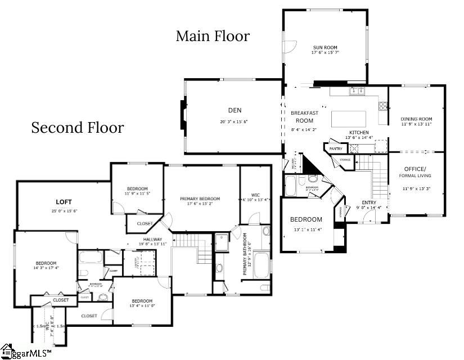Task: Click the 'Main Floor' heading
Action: coord(213,37)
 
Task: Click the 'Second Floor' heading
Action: coord(77,128)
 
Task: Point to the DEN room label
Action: coord(234,110)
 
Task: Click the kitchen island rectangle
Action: coord(349,119)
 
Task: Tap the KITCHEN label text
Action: coord(358,132)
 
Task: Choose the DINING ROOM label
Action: coord(416,119)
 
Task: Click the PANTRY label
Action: coord(336,148)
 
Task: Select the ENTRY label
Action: coord(369,202)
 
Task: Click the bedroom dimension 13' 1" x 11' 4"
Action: coord(306,229)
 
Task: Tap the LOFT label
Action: coord(64,201)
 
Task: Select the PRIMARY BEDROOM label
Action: coord(200,199)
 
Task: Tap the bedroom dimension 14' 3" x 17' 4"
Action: coord(46,268)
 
